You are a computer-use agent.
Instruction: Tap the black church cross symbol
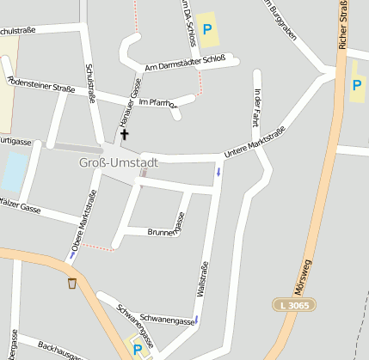(x=124, y=134)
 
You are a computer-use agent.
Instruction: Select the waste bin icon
(x=72, y=283)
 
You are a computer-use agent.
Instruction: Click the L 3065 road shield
(x=295, y=305)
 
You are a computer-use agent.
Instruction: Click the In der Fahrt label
(x=255, y=107)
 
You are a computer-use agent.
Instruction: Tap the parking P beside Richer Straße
(x=357, y=85)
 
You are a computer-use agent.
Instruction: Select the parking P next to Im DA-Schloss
(x=206, y=29)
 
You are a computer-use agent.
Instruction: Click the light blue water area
(x=14, y=171)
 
